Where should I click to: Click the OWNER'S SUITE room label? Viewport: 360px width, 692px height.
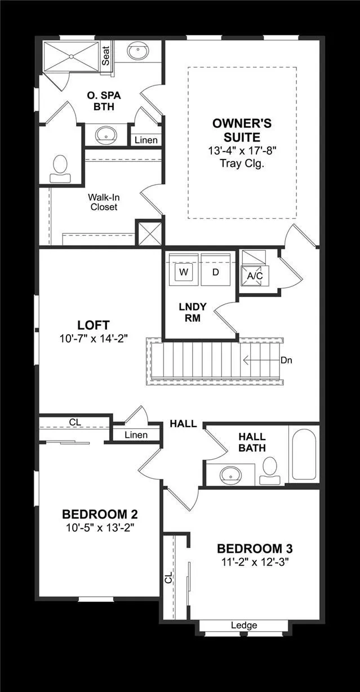(242, 130)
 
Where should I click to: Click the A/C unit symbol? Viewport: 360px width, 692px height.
(255, 276)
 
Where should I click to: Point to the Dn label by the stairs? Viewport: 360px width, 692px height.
(286, 360)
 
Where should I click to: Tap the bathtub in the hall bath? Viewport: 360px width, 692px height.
(304, 454)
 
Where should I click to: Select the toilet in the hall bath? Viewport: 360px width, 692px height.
(270, 471)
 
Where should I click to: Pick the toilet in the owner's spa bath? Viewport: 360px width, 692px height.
(60, 168)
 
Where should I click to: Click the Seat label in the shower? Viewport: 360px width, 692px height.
(106, 56)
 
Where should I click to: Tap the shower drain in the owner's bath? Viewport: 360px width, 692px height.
(71, 56)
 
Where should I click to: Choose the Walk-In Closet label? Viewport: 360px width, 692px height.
(104, 202)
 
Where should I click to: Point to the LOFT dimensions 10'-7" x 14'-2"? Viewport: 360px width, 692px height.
(94, 339)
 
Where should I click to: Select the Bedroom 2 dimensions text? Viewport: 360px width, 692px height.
(100, 528)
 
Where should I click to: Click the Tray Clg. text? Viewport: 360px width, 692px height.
(242, 163)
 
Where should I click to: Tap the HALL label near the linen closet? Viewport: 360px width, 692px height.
(184, 424)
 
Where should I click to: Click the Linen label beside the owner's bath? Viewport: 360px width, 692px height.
(146, 140)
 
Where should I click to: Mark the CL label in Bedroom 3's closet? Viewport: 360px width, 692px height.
(168, 577)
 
